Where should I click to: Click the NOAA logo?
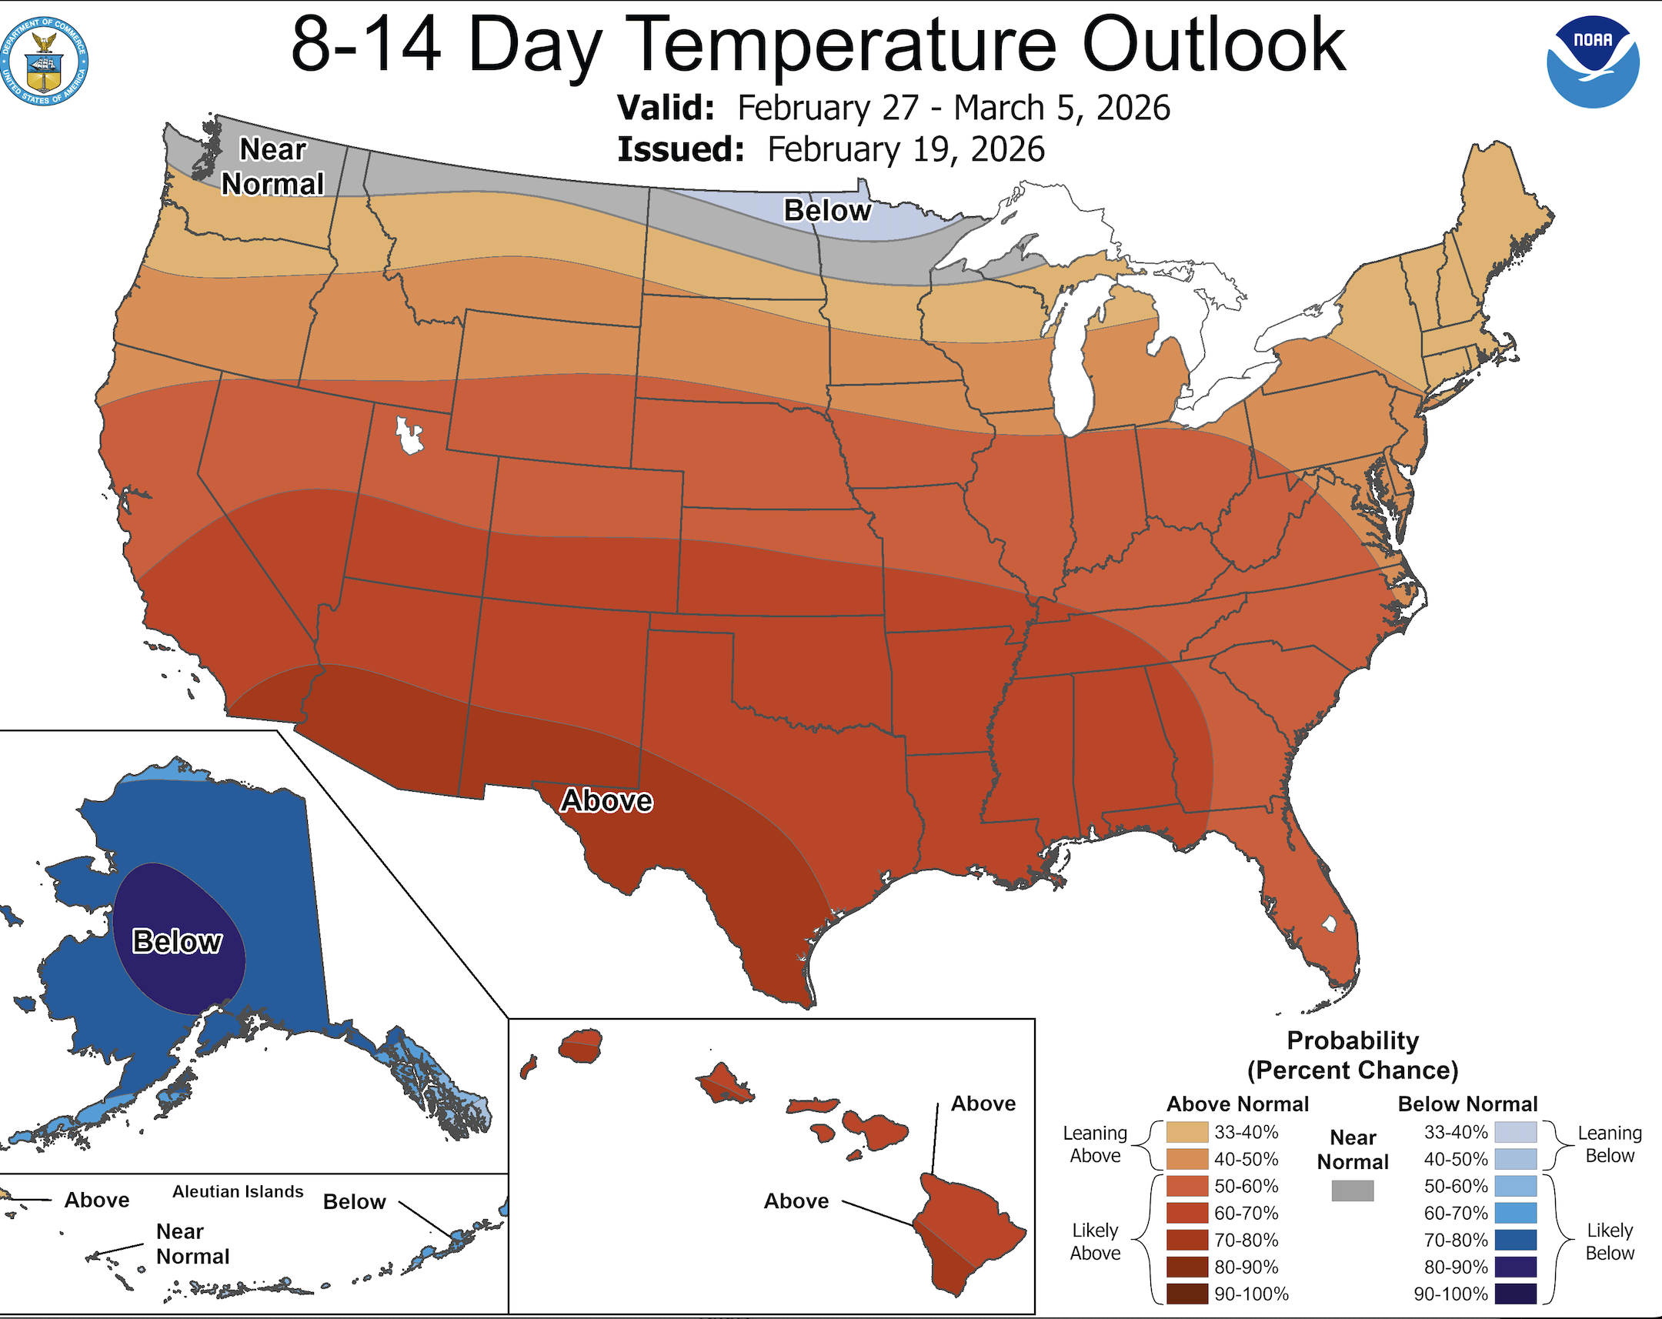[1593, 62]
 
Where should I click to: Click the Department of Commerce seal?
[44, 62]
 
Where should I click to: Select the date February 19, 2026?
[906, 149]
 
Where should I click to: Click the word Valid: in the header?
[666, 108]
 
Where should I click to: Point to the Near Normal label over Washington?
[273, 166]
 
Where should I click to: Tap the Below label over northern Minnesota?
[827, 210]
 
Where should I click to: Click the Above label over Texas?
[606, 801]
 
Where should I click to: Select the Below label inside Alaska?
[177, 942]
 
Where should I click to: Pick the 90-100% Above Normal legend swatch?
[1187, 1294]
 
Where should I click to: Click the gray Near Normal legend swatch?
[1352, 1191]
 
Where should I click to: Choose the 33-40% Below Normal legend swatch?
[1515, 1133]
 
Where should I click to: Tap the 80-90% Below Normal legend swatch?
[1515, 1267]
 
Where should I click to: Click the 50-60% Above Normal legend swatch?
[1187, 1187]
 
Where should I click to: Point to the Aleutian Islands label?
[238, 1192]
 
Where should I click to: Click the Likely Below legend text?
[1609, 1241]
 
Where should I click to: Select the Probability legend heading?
[1352, 1040]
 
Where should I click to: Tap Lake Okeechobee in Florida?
[1328, 923]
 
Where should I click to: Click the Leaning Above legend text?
[1095, 1144]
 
